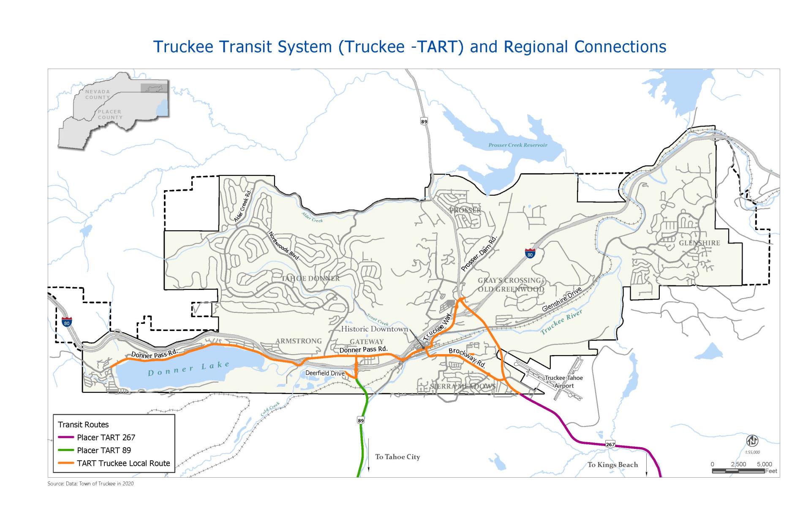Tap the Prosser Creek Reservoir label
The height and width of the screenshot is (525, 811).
point(517,145)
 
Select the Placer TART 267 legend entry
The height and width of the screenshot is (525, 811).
point(106,437)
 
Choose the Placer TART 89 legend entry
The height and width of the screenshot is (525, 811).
point(103,450)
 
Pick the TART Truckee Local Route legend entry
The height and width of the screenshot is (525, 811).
point(123,463)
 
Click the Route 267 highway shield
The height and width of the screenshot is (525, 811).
point(610,444)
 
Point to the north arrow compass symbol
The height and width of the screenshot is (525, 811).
point(752,441)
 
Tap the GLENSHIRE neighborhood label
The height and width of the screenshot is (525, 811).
point(699,243)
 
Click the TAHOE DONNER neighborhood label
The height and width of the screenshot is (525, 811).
point(310,279)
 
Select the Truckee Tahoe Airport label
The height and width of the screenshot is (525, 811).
point(563,382)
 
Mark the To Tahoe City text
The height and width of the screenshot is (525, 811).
point(397,457)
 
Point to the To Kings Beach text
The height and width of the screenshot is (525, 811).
point(612,465)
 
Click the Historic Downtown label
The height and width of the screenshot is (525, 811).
point(374,329)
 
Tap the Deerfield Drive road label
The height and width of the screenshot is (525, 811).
point(325,373)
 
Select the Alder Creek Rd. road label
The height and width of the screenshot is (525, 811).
point(243,206)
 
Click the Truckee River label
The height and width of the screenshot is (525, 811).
point(561,322)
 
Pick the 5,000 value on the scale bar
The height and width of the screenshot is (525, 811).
point(764,464)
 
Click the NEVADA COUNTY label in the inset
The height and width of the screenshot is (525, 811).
point(98,94)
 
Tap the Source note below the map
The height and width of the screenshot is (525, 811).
point(90,484)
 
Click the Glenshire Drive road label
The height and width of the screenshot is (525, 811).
point(561,299)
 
